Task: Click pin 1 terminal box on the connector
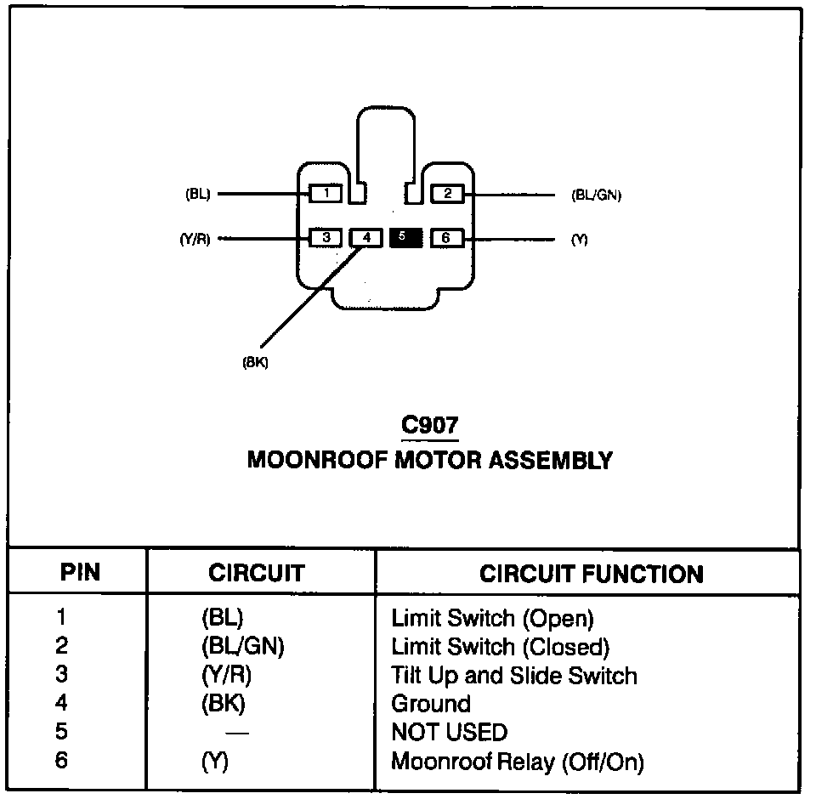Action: pyautogui.click(x=326, y=194)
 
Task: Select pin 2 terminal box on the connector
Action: pyautogui.click(x=448, y=194)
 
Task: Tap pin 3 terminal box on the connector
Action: pyautogui.click(x=326, y=238)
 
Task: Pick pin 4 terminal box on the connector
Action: pyautogui.click(x=366, y=238)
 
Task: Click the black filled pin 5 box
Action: pyautogui.click(x=406, y=237)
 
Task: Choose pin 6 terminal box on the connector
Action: pyautogui.click(x=447, y=238)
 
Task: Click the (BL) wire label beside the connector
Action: pyautogui.click(x=198, y=194)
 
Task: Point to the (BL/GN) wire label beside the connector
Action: pyautogui.click(x=597, y=195)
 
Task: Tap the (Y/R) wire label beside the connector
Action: pyautogui.click(x=195, y=239)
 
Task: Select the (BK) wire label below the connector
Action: pyautogui.click(x=256, y=362)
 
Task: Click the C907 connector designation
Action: pyautogui.click(x=430, y=425)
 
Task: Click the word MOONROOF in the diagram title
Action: pyautogui.click(x=317, y=460)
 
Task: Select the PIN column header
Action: pyautogui.click(x=80, y=572)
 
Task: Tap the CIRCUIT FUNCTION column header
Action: pyautogui.click(x=592, y=574)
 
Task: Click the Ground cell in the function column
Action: pyautogui.click(x=431, y=704)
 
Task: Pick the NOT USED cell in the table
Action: pyautogui.click(x=449, y=732)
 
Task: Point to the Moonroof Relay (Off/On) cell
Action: pyautogui.click(x=518, y=762)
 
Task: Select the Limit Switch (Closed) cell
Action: pyautogui.click(x=500, y=647)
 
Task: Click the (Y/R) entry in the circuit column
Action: pyautogui.click(x=226, y=675)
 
